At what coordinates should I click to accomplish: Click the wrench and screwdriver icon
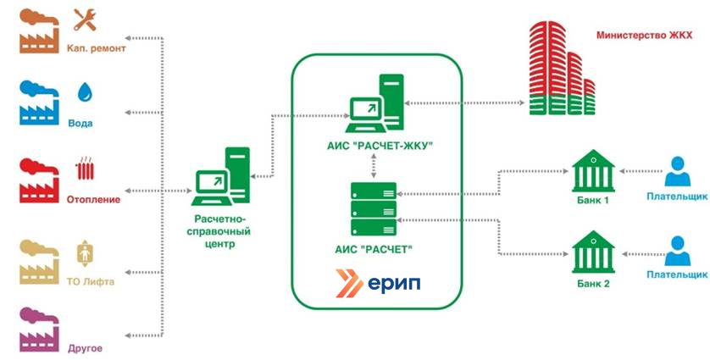pos(85,19)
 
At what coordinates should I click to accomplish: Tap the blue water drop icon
pos(85,91)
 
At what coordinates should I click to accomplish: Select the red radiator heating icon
pos(85,167)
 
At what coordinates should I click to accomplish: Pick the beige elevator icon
pos(84,252)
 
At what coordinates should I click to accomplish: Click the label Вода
pos(80,123)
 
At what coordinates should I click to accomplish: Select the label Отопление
pos(92,200)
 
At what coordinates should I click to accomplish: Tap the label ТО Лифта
pos(91,282)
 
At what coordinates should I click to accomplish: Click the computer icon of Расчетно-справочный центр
pos(223,178)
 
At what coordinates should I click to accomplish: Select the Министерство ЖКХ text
pos(644,36)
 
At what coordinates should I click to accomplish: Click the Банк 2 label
pos(592,284)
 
